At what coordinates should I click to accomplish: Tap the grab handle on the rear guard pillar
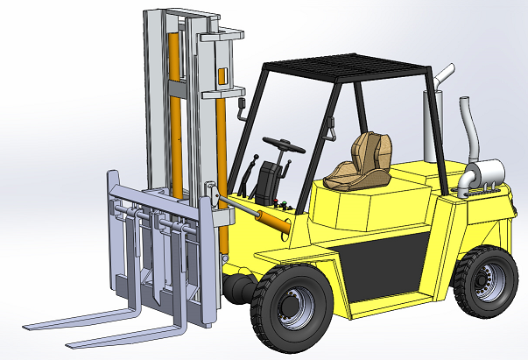pyautogui.click(x=331, y=129)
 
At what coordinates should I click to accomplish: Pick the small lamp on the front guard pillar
pyautogui.click(x=241, y=108)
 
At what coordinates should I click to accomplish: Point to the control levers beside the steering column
pyautogui.click(x=254, y=169)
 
